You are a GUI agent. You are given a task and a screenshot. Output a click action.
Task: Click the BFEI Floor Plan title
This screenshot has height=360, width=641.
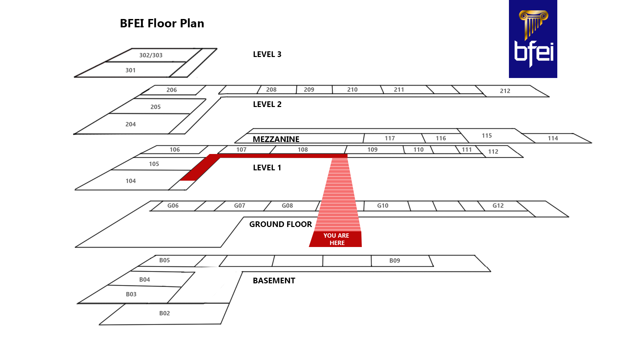162,23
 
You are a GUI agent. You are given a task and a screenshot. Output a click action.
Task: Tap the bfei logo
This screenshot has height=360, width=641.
533,39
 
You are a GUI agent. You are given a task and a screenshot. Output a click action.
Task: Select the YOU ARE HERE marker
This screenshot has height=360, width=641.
336,239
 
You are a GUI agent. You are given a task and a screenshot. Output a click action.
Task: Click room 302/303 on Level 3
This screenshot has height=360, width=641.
151,55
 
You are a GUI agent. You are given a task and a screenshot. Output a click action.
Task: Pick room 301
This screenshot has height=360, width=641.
130,70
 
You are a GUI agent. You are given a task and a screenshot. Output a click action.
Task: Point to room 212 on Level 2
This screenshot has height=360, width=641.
505,91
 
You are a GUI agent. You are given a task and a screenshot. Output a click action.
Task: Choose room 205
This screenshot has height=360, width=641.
155,107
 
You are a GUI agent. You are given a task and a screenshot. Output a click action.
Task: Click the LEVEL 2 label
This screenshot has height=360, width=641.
267,104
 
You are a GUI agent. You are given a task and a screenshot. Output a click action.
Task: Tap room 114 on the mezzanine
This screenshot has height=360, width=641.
553,138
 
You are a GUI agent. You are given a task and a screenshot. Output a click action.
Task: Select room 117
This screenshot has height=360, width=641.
390,138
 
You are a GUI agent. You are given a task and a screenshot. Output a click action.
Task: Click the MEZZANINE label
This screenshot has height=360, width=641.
276,139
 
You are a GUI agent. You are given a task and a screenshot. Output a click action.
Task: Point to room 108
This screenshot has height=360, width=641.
302,150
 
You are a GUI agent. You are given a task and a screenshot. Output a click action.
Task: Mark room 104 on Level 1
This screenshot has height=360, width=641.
130,181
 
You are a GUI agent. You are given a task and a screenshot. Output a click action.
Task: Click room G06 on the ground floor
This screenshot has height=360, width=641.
173,206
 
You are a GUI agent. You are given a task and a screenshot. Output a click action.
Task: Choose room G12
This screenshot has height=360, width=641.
498,206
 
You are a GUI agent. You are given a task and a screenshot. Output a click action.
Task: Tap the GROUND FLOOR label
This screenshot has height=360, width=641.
280,224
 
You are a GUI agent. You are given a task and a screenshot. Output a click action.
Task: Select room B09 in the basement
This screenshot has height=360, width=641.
395,261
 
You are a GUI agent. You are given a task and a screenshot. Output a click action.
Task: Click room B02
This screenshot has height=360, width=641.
164,313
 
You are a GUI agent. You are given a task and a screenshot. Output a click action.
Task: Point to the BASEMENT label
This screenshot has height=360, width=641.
274,281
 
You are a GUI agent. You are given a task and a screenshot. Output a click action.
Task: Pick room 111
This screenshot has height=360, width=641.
467,150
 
